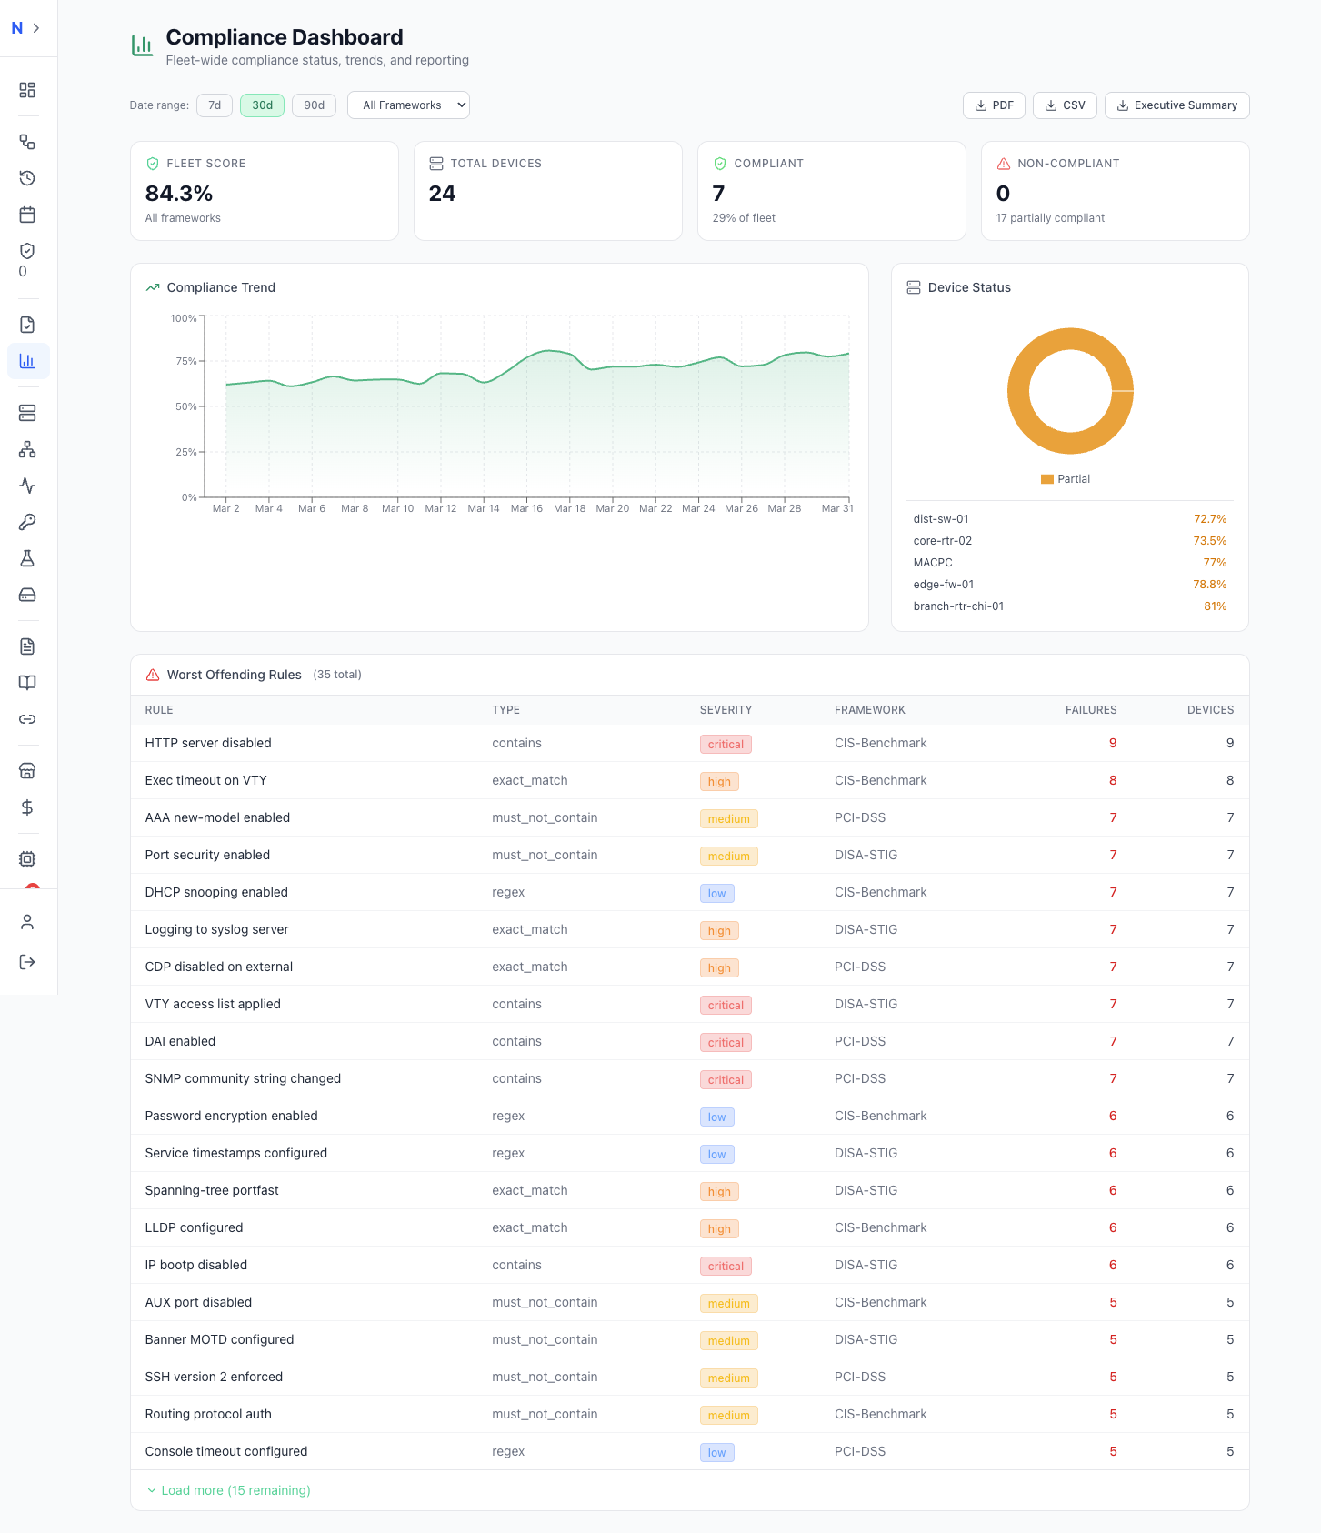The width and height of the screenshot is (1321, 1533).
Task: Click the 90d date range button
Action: [x=314, y=105]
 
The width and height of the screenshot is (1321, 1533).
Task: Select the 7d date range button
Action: [x=215, y=105]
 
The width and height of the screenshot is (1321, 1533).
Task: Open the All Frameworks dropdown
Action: [x=408, y=105]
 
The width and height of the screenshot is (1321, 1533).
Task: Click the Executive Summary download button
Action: [x=1176, y=105]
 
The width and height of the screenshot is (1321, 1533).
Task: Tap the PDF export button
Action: [x=994, y=105]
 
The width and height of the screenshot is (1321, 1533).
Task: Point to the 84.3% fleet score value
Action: [x=179, y=194]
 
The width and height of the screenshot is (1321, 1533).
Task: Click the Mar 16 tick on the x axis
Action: [x=526, y=508]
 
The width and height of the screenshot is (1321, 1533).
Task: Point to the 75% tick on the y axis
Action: [x=185, y=361]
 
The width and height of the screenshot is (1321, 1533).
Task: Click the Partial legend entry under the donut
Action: [x=1066, y=479]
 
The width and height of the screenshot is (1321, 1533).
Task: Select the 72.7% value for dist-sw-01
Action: [x=1209, y=519]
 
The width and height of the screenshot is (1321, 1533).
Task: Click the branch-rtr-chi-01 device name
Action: [x=958, y=606]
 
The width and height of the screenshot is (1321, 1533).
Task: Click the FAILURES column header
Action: [x=1090, y=710]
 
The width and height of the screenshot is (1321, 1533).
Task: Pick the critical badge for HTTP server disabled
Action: [x=726, y=745]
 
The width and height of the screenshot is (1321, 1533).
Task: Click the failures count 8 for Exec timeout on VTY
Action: [x=1112, y=780]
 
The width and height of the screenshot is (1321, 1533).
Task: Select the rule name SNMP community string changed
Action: [x=243, y=1078]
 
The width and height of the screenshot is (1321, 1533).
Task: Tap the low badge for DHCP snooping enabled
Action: [x=716, y=894]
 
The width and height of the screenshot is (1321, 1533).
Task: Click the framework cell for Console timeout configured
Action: [x=859, y=1451]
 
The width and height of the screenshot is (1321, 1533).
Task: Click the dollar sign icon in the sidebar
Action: [x=27, y=807]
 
